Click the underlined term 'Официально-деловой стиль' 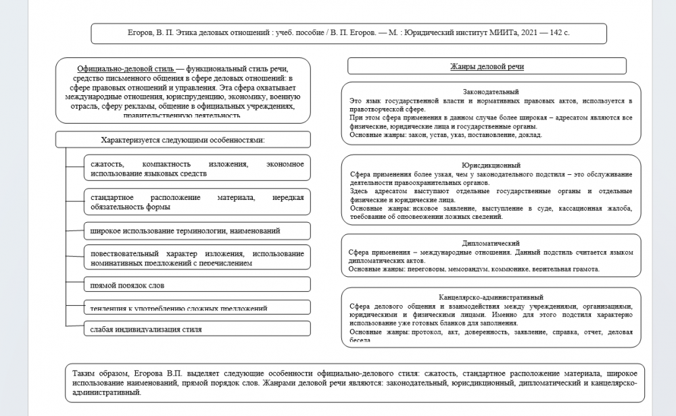pos(126,69)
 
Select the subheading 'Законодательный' pos(491,91)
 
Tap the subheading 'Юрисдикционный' pos(491,165)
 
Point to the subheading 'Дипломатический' pos(491,242)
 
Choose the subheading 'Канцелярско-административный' pos(491,296)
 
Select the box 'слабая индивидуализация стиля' pos(197,329)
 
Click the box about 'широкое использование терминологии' pos(197,231)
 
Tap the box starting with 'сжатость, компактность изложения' pos(197,169)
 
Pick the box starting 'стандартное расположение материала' pos(197,202)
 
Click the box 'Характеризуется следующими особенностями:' pos(183,140)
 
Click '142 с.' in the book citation pos(558,32)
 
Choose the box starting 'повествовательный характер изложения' pos(197,258)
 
